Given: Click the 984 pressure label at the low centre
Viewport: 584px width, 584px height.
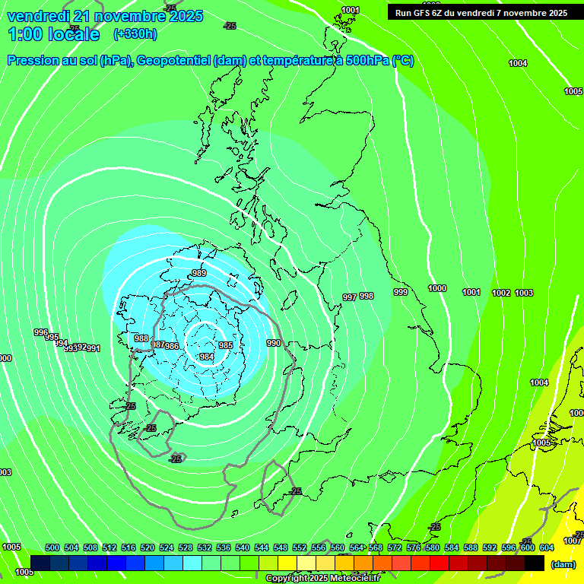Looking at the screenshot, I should click(206, 357).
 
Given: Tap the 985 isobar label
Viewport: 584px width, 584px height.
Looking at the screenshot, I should click(226, 345).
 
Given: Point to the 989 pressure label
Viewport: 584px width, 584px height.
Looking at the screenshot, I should click(199, 273).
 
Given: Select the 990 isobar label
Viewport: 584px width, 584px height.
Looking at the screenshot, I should click(274, 343).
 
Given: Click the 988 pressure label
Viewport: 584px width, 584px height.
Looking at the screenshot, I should click(141, 338).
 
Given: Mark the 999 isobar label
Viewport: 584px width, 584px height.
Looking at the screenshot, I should click(401, 292).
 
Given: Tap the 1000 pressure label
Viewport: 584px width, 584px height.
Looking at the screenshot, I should click(437, 288).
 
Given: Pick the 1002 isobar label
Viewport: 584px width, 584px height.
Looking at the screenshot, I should click(501, 293).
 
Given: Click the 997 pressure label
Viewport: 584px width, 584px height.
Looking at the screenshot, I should click(349, 297).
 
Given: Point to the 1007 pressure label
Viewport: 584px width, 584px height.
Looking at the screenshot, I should click(573, 541).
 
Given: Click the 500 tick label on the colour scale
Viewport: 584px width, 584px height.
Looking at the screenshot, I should click(52, 547).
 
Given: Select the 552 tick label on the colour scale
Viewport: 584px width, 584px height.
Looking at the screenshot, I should click(300, 547).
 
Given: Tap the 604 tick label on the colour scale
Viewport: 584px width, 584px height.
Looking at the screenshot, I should click(547, 547).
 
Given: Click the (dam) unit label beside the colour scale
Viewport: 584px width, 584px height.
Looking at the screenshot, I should click(563, 564).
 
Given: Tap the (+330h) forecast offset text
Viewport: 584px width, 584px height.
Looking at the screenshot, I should click(135, 34).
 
